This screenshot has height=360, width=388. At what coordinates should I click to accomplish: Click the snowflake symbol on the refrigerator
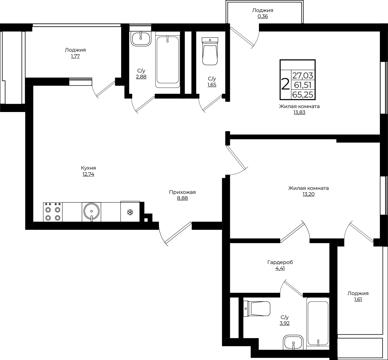(130, 212)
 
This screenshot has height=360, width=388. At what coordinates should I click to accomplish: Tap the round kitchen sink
(91, 211)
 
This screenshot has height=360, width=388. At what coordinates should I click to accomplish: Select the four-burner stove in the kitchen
(53, 212)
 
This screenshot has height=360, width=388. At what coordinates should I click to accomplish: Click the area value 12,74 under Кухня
(88, 174)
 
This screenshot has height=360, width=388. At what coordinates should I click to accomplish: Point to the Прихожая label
(182, 192)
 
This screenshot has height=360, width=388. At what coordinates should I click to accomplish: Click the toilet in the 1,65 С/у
(210, 51)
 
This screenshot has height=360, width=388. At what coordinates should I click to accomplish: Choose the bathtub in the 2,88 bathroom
(168, 61)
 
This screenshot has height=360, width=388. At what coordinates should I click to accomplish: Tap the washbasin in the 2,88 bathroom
(141, 39)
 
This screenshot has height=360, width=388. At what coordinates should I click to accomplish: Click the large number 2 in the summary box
(285, 84)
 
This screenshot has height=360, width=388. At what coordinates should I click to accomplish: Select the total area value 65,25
(303, 95)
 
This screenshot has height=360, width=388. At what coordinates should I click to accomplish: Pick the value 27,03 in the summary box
(303, 75)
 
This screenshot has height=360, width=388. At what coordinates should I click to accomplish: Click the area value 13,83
(299, 112)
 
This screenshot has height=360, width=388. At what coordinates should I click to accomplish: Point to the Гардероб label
(280, 263)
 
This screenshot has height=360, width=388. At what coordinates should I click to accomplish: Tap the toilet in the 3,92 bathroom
(257, 309)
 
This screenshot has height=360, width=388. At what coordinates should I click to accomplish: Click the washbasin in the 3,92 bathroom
(293, 342)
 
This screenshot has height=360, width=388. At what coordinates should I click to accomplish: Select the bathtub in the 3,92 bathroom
(318, 324)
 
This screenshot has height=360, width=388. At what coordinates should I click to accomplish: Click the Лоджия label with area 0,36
(263, 10)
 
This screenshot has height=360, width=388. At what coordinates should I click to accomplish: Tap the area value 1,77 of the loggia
(75, 56)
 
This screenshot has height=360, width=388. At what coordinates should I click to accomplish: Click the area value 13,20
(309, 194)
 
